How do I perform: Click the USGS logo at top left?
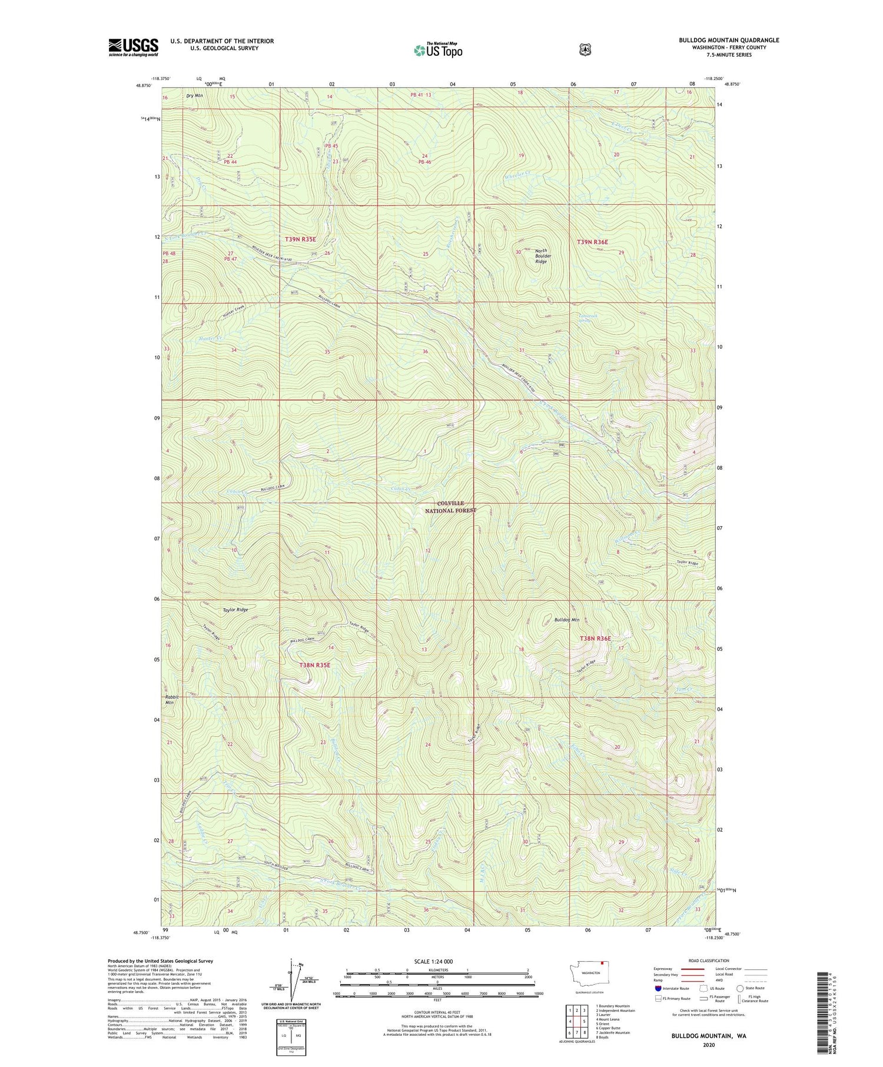(x=133, y=47)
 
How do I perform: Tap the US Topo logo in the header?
(x=438, y=50)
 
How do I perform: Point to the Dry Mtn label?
(x=194, y=95)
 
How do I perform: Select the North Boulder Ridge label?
(x=540, y=256)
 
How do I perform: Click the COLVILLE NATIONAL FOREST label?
(x=450, y=507)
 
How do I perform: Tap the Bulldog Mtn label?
(x=567, y=620)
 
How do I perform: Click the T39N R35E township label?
(x=300, y=240)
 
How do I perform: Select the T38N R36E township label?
(x=595, y=639)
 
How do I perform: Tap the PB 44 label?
(x=230, y=162)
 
